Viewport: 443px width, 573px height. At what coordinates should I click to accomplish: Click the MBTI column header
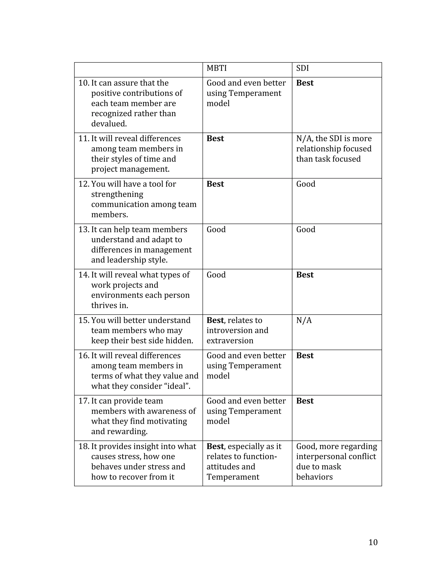(x=217, y=68)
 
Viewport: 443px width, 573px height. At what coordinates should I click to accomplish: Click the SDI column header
(x=302, y=68)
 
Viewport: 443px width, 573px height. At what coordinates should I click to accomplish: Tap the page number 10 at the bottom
(x=373, y=542)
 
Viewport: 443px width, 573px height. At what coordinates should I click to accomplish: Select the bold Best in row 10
(x=305, y=83)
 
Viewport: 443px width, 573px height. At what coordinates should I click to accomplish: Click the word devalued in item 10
(x=109, y=123)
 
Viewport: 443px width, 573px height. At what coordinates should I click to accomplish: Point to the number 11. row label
(x=84, y=139)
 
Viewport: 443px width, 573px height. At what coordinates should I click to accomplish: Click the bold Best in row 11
(x=215, y=139)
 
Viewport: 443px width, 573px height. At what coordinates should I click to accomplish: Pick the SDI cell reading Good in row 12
(x=306, y=184)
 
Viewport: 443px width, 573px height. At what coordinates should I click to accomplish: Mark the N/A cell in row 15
(x=304, y=320)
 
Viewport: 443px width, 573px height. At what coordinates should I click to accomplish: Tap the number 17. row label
(x=84, y=401)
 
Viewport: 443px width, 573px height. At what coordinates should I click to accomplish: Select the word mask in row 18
(x=332, y=467)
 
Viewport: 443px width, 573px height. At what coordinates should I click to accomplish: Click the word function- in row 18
(x=254, y=456)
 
